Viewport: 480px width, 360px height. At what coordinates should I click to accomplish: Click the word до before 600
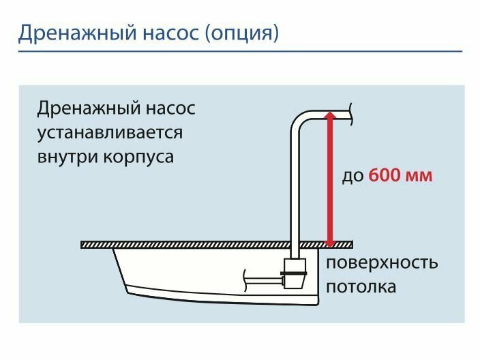point(353,175)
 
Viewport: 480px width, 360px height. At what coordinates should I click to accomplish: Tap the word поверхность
point(381,264)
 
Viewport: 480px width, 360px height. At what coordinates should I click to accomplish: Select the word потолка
point(361,286)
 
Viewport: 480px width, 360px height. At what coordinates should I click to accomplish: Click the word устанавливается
point(110,132)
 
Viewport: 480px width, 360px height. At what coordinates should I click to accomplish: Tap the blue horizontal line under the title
point(239,51)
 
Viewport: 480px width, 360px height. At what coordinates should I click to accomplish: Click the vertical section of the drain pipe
point(297,191)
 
